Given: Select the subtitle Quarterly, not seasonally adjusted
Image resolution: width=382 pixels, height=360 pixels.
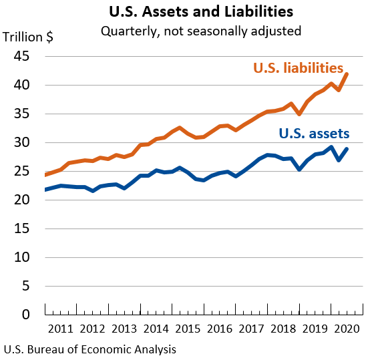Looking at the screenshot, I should coord(200,31).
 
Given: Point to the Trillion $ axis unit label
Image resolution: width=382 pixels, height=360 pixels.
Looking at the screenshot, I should coord(29,37).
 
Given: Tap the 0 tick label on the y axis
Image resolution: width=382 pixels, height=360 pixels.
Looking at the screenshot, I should coord(26,315).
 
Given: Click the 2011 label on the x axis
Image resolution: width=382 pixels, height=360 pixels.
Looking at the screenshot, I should coord(61,329).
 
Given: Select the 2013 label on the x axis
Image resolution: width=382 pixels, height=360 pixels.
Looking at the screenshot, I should coord(124,329).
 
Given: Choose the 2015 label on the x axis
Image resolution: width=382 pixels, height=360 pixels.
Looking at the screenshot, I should coord(188,329).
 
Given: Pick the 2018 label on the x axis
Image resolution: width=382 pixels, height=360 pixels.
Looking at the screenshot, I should coord(283,329).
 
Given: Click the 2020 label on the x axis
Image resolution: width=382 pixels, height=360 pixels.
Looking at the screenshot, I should coord(347,329).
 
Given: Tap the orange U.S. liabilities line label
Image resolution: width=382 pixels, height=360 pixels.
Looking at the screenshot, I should coord(298,68).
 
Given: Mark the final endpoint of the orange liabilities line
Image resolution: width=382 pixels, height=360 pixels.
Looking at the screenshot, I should coord(347,73).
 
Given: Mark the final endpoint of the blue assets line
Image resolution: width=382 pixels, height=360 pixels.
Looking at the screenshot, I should coord(347,149).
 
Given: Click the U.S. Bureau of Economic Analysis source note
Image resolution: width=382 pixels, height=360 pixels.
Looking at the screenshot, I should coord(90,349).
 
